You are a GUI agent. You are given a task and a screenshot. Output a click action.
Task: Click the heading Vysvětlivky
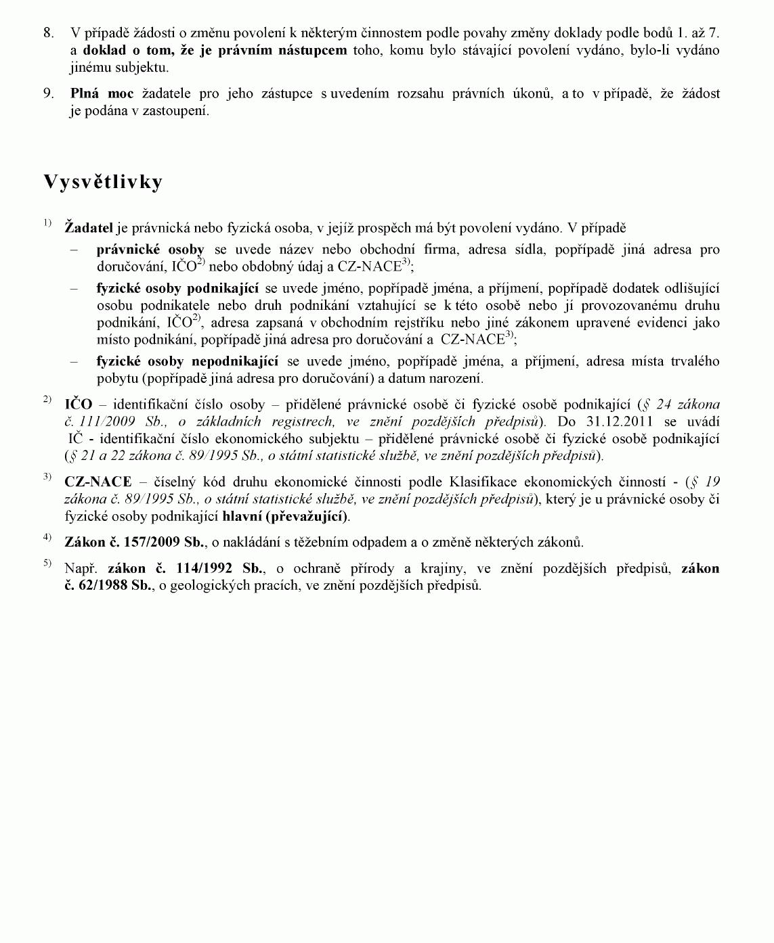[x=103, y=182]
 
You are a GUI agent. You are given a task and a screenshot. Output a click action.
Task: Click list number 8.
[x=48, y=32]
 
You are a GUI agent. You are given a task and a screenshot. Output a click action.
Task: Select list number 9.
[x=48, y=94]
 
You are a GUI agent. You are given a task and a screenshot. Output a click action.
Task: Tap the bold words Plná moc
[x=102, y=94]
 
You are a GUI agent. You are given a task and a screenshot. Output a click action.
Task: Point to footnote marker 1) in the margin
[x=47, y=223]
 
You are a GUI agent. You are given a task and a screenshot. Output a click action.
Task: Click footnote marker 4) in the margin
[x=47, y=537]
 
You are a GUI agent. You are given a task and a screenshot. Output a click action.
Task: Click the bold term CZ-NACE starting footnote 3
[x=98, y=482]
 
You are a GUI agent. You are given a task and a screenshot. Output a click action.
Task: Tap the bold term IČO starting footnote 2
[x=78, y=405]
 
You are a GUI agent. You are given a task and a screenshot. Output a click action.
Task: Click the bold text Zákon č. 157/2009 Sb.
[x=135, y=542]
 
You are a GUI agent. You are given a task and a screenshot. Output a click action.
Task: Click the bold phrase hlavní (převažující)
[x=285, y=516]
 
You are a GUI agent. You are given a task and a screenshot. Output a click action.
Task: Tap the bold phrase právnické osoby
[x=150, y=250]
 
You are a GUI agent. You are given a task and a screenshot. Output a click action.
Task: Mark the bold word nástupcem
[x=313, y=50]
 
